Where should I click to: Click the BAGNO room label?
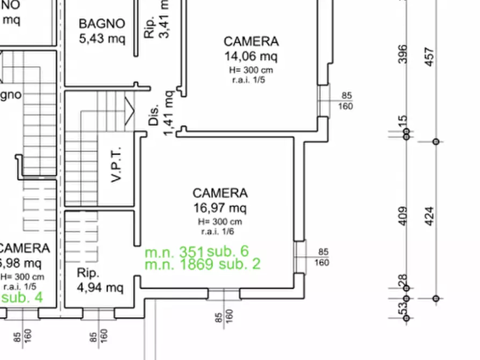click(102, 24)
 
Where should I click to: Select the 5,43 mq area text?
click(102, 39)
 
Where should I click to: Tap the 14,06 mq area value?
click(251, 56)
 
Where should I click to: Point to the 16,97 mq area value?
click(220, 208)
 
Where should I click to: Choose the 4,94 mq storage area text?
click(100, 287)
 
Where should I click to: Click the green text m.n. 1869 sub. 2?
click(203, 264)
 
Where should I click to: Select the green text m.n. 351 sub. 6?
click(197, 251)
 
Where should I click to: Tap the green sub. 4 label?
click(22, 297)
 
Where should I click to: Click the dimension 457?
click(429, 56)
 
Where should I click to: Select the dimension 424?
click(429, 215)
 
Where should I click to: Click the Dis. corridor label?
click(154, 115)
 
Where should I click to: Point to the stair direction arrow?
click(129, 110)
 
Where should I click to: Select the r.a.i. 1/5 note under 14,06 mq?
click(249, 80)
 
